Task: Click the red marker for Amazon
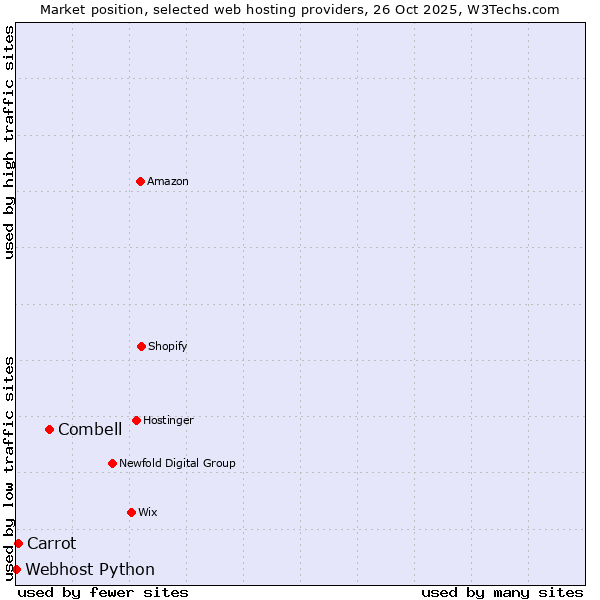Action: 140,181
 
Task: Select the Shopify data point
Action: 141,346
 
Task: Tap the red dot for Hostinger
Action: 136,420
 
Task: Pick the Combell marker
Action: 49,429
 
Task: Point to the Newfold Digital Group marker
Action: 112,463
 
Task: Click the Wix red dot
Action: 131,512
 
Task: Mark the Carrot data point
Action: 18,543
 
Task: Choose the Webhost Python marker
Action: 16,569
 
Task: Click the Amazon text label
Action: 168,181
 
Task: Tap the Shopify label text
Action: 168,346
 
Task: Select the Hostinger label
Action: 168,420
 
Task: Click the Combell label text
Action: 90,429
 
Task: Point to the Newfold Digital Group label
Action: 177,463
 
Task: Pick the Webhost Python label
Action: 90,569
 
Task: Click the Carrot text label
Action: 51,543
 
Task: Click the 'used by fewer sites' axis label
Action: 103,592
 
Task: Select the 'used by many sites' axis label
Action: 502,592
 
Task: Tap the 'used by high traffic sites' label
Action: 10,142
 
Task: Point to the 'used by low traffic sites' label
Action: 10,468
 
